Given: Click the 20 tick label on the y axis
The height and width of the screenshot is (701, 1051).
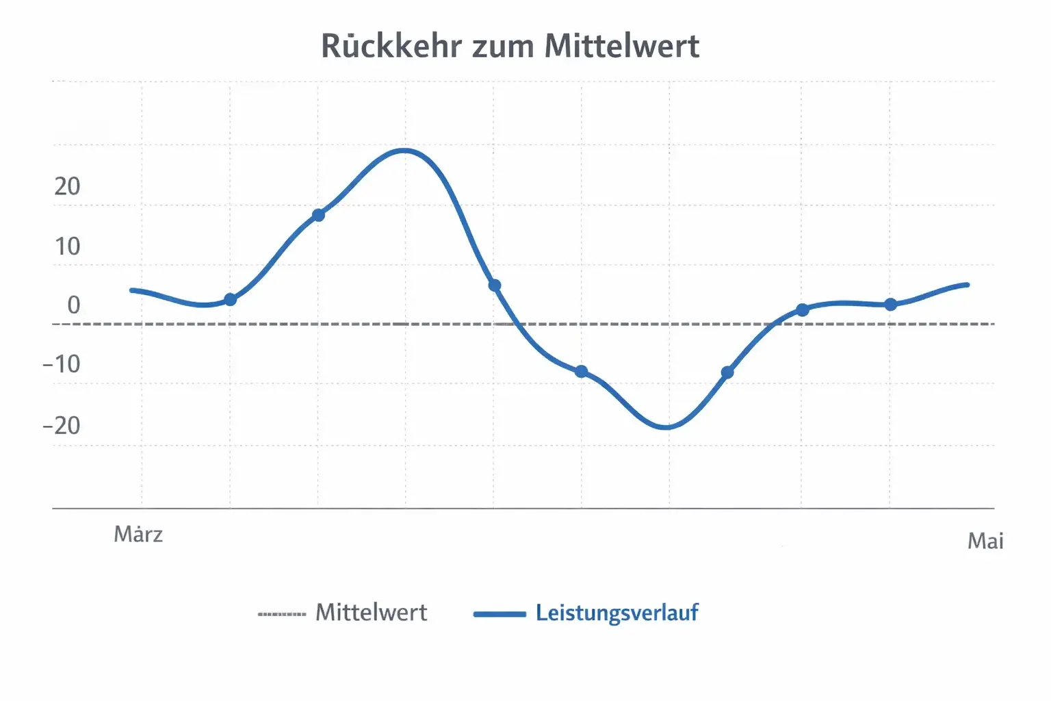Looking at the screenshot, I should (x=67, y=186).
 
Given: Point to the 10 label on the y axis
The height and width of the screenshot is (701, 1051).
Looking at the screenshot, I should (x=67, y=246).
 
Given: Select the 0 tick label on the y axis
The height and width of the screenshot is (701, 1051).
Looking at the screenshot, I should (x=73, y=305).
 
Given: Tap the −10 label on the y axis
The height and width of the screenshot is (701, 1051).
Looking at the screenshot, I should (x=62, y=364).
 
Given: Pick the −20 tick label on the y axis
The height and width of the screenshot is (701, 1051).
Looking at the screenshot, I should (x=62, y=426).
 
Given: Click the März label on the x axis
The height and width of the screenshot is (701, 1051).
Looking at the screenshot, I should (x=138, y=535).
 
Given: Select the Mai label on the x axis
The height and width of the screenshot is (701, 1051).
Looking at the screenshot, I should (x=985, y=541).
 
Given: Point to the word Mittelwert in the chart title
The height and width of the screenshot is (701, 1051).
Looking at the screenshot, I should (x=622, y=47).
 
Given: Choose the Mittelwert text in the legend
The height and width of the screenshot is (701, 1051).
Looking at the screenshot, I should (x=371, y=612).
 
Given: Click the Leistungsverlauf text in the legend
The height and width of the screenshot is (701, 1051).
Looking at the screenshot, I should (x=617, y=613).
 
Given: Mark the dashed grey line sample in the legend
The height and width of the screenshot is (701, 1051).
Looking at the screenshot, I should (x=282, y=614).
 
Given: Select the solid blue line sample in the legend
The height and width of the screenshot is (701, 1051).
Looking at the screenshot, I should (x=499, y=614).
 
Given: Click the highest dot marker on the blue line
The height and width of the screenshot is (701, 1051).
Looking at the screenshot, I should (x=318, y=216).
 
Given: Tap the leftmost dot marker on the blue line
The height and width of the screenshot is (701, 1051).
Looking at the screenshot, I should (x=231, y=300).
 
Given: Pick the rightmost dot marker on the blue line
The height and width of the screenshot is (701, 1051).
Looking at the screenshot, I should (x=890, y=305).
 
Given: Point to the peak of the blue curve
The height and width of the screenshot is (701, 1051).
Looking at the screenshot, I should (x=404, y=150).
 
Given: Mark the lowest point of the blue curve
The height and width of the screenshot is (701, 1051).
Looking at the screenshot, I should (x=666, y=428).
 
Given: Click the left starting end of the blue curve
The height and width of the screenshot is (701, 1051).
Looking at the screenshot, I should (x=132, y=290).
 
